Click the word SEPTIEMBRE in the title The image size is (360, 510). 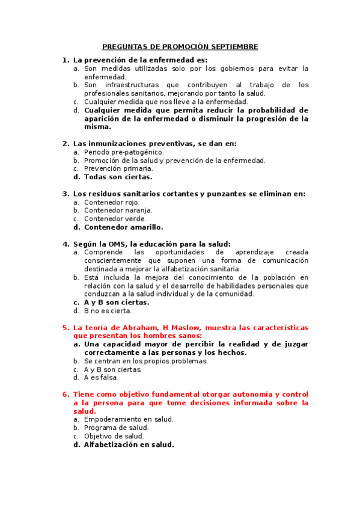click(x=233, y=46)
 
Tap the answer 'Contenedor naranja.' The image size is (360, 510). click(x=118, y=210)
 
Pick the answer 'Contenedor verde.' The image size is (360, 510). click(x=115, y=219)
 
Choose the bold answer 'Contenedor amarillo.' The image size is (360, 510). click(x=123, y=227)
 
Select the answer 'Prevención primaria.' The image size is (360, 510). click(x=118, y=168)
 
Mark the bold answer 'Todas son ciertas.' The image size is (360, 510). click(x=118, y=177)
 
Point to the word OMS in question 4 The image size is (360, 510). click(x=115, y=244)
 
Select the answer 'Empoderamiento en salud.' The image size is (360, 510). click(x=129, y=419)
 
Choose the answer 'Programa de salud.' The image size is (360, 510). click(x=116, y=428)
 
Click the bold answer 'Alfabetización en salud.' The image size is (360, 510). click(x=129, y=444)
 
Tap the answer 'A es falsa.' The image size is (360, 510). click(x=101, y=378)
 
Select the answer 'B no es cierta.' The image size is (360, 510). click(x=108, y=311)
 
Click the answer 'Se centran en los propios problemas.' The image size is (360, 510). click(x=146, y=361)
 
